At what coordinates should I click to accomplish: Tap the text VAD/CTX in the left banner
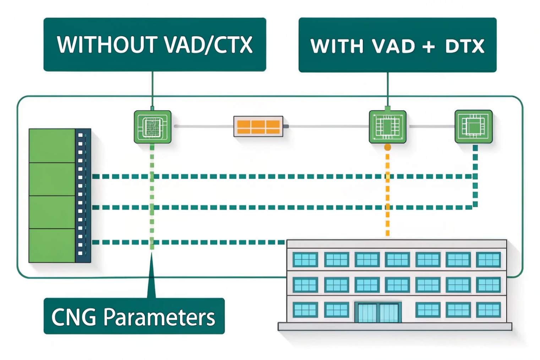point(209,45)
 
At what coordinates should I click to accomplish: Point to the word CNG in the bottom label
point(74,317)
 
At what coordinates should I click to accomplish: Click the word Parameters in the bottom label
point(159,317)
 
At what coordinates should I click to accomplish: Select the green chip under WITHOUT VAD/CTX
point(153,127)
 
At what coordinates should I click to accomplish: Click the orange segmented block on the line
point(258,126)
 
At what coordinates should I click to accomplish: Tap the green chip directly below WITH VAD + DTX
point(387,127)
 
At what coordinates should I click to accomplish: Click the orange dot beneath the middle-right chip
point(388,147)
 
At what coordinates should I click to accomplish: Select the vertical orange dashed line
point(388,199)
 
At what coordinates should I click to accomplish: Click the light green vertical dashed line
point(152,199)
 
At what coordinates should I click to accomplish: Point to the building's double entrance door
point(378,312)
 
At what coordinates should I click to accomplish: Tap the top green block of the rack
point(52,146)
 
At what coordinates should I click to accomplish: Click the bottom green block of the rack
point(52,246)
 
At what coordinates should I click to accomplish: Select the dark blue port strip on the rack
point(83,195)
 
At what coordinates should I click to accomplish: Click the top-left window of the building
point(305,260)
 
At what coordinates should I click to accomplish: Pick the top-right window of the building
point(488,260)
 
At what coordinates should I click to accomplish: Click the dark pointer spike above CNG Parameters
point(152,280)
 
